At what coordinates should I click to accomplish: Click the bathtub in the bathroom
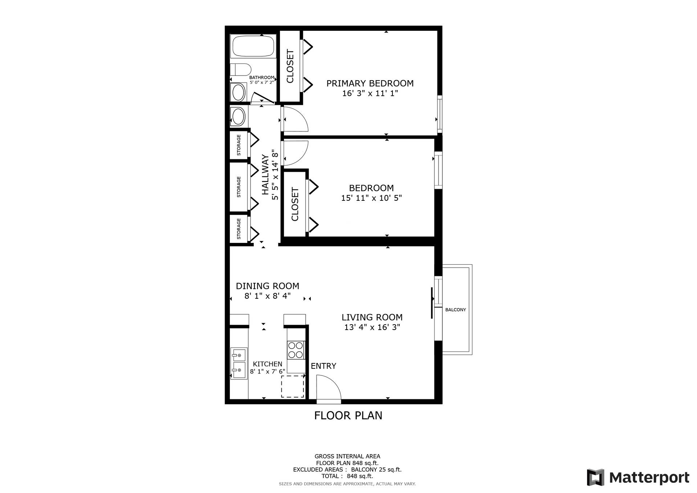tap(253, 46)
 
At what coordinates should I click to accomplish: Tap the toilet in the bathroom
tap(240, 70)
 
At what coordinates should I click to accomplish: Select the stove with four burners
tap(295, 350)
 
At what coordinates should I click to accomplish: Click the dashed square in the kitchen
tap(293, 386)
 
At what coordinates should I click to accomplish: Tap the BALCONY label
tap(456, 310)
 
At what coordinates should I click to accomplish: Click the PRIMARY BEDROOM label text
tap(370, 83)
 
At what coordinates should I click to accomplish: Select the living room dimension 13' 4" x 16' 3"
tap(372, 327)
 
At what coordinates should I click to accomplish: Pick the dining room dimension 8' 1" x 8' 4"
tap(268, 296)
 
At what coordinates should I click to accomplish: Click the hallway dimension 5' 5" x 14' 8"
tap(275, 175)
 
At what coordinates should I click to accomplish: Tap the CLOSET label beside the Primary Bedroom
tap(290, 66)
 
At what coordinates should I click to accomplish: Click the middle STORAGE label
tap(239, 187)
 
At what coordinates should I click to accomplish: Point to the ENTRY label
tap(323, 366)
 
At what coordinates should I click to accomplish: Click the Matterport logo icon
tap(595, 477)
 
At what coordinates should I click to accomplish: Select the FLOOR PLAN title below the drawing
tap(348, 415)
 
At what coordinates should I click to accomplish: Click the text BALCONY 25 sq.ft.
tap(376, 469)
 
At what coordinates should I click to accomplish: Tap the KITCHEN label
tap(268, 364)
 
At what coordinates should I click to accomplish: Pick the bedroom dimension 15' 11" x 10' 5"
tap(371, 198)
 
